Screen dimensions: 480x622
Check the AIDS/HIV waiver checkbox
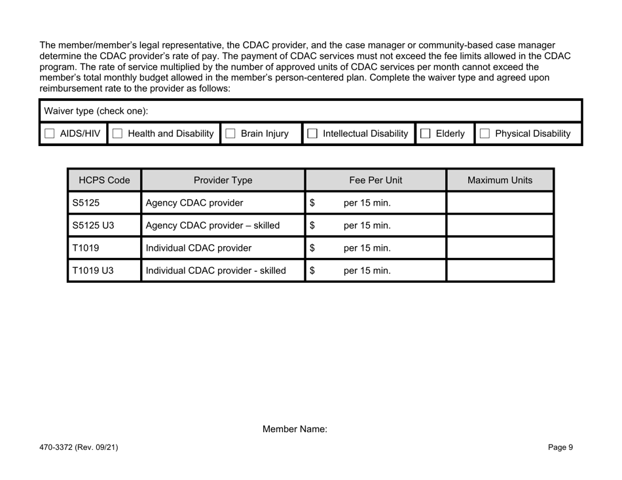(x=50, y=134)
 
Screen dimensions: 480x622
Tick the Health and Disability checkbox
(x=118, y=134)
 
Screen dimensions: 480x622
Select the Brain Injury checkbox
(x=230, y=134)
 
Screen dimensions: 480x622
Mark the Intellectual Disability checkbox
(x=313, y=134)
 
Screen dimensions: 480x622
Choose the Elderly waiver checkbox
(x=425, y=134)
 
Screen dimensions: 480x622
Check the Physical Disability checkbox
(x=485, y=134)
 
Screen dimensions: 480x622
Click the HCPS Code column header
(x=104, y=180)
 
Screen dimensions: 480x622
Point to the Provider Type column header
(x=223, y=180)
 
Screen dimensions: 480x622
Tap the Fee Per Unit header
(x=375, y=180)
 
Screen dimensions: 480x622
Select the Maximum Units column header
(x=500, y=180)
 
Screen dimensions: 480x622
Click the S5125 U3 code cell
(x=91, y=226)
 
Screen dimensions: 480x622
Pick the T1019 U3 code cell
(x=91, y=270)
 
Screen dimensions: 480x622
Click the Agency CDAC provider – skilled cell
(x=213, y=226)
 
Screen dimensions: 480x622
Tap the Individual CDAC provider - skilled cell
(x=215, y=270)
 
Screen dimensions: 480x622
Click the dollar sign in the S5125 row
(x=312, y=203)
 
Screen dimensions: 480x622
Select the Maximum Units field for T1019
(x=500, y=248)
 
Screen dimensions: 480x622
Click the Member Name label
(x=294, y=430)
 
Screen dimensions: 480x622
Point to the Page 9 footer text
(x=560, y=448)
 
